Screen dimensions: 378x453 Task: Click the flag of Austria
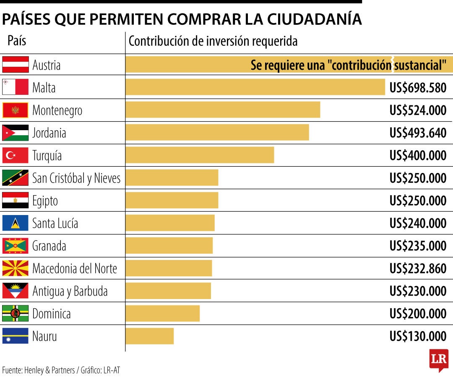tap(16, 65)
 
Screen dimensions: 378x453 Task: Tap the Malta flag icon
tap(16, 87)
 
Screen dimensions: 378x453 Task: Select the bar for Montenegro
tap(223, 110)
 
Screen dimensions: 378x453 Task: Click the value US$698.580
tap(418, 88)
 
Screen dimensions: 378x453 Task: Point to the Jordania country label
tap(49, 133)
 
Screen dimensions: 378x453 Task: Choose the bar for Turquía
tap(200, 155)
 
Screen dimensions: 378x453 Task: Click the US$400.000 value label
tap(418, 155)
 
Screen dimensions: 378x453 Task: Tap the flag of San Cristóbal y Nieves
tap(16, 178)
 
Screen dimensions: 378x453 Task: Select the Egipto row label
tap(45, 201)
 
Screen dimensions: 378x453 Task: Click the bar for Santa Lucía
tap(170, 223)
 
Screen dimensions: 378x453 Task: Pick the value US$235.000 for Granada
tap(418, 246)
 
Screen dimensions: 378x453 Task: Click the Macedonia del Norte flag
tap(16, 268)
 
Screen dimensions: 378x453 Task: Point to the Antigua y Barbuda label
tap(70, 291)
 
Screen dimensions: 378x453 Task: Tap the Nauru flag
tap(16, 336)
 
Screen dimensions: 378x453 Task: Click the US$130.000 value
tap(418, 336)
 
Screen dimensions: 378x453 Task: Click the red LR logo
tap(439, 360)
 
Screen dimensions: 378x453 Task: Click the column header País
tap(17, 41)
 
